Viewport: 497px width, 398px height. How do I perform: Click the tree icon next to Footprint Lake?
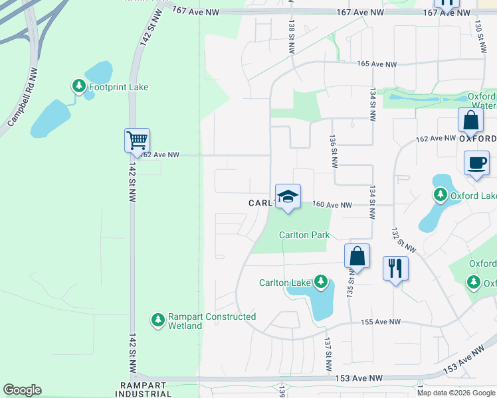click(x=78, y=87)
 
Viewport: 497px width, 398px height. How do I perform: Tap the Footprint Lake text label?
click(x=120, y=87)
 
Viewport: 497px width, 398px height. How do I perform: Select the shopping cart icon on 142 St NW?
click(x=137, y=141)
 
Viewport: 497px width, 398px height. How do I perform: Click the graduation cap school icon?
click(x=288, y=197)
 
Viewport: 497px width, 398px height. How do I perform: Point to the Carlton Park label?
click(x=304, y=235)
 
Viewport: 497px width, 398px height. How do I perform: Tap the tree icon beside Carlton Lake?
click(x=321, y=283)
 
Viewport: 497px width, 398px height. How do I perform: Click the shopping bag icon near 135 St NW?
click(x=357, y=256)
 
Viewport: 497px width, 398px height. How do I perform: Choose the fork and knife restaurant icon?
click(x=396, y=269)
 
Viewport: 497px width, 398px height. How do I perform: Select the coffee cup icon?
click(x=477, y=163)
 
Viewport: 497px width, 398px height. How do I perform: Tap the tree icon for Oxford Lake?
click(x=440, y=195)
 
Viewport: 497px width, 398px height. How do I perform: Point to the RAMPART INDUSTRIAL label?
click(x=146, y=389)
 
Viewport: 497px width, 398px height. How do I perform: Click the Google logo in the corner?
click(x=22, y=390)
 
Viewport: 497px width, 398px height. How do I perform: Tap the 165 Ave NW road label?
click(x=377, y=64)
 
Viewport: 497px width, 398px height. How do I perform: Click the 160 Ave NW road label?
click(x=332, y=206)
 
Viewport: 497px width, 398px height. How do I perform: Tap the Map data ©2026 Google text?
click(x=456, y=393)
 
